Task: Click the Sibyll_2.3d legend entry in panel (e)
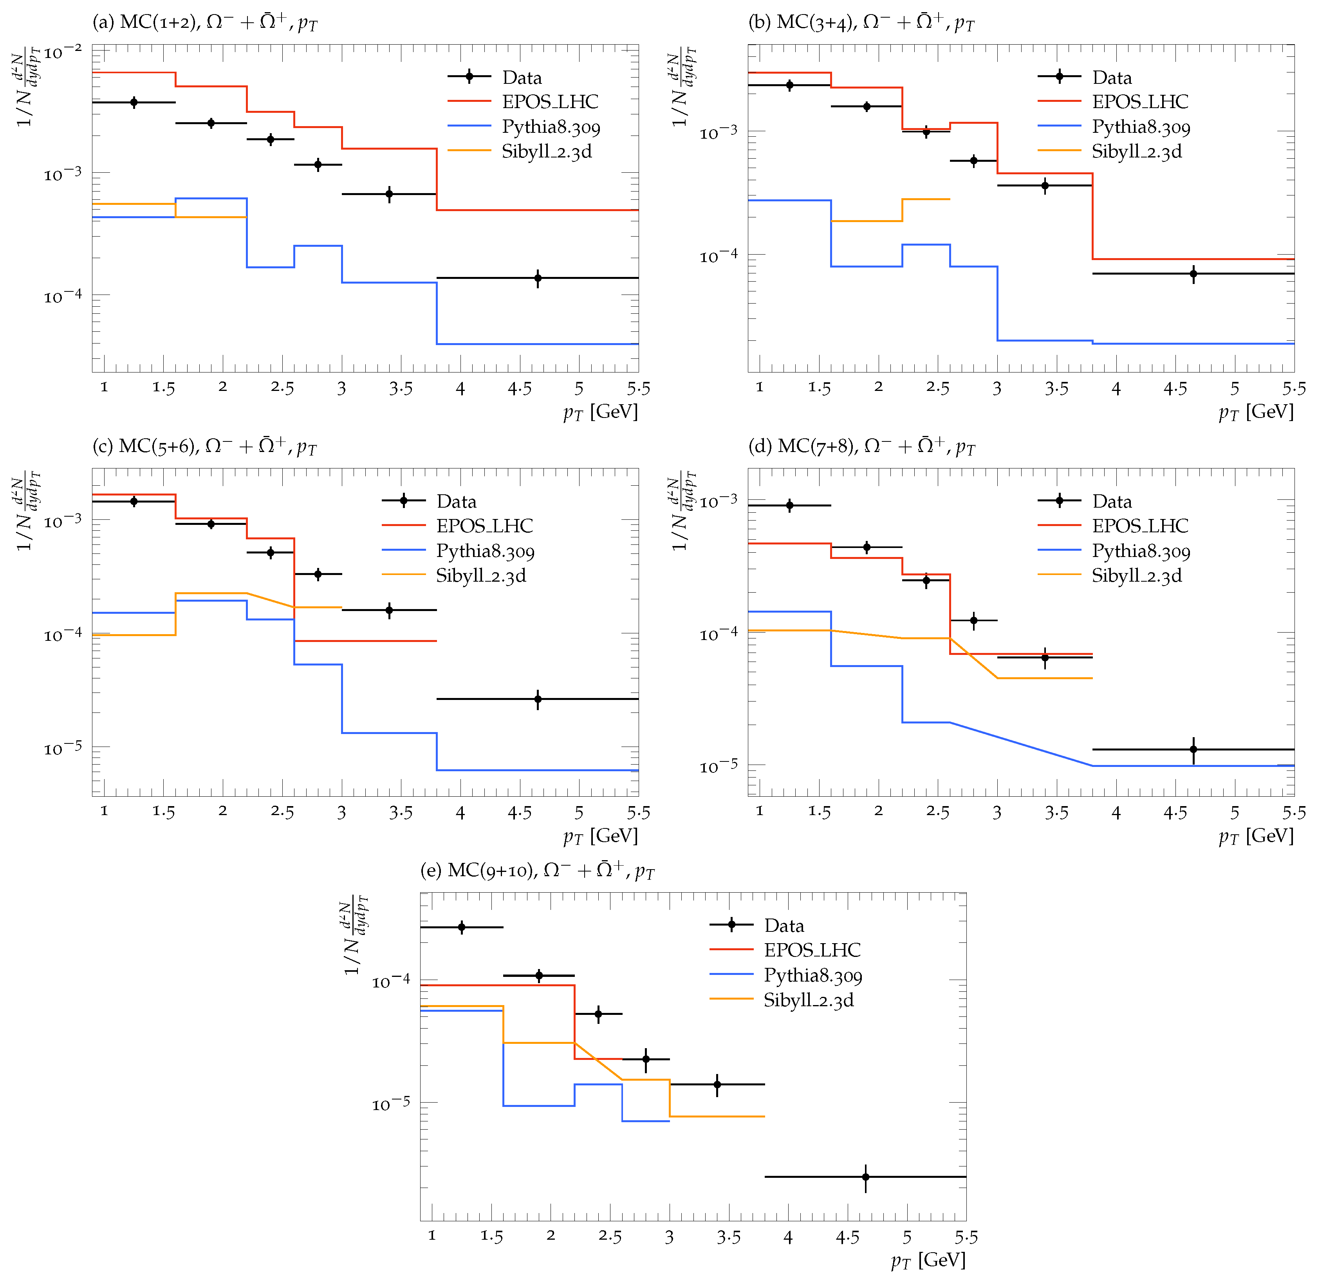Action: (808, 1000)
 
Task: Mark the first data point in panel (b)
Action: (790, 85)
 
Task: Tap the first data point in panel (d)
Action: (790, 505)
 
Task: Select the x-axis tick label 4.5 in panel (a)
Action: (519, 389)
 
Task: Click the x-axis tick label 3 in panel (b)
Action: (997, 389)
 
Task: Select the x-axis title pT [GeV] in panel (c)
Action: (600, 835)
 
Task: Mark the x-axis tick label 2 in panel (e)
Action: (551, 1235)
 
